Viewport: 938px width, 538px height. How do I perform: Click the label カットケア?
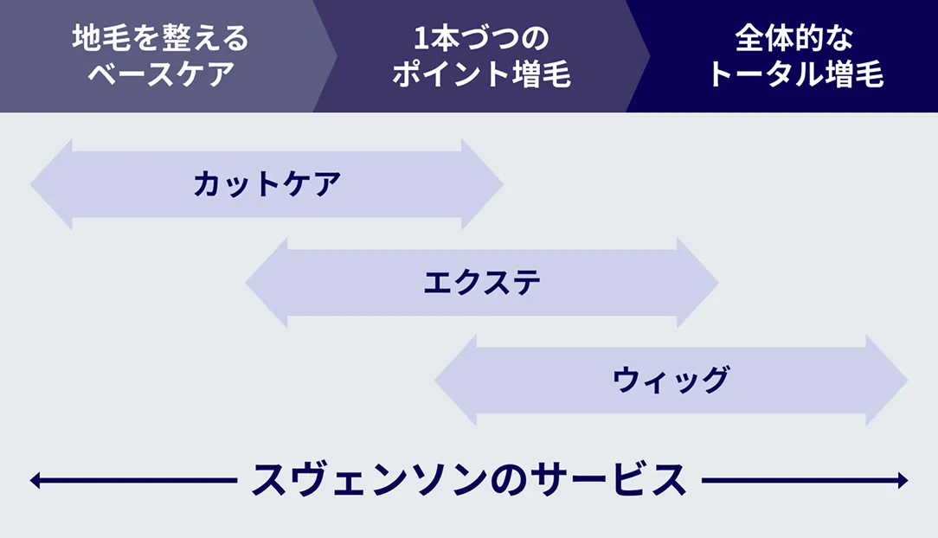coord(267,184)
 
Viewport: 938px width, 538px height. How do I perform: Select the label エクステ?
coord(482,283)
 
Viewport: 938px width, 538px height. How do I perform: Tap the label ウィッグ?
coord(671,381)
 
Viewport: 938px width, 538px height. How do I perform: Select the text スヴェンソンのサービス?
coord(468,480)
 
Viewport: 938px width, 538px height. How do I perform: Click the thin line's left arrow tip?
coord(33,480)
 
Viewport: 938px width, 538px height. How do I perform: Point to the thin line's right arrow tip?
coord(904,480)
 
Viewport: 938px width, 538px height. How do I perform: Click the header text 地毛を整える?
coord(160,39)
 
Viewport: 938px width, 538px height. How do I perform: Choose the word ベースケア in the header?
coord(160,74)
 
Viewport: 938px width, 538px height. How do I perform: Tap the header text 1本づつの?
coord(481,39)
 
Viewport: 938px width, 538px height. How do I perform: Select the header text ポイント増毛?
coord(481,74)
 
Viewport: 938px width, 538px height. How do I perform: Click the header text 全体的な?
coord(794,39)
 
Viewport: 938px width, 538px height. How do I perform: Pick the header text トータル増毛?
coord(794,74)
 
